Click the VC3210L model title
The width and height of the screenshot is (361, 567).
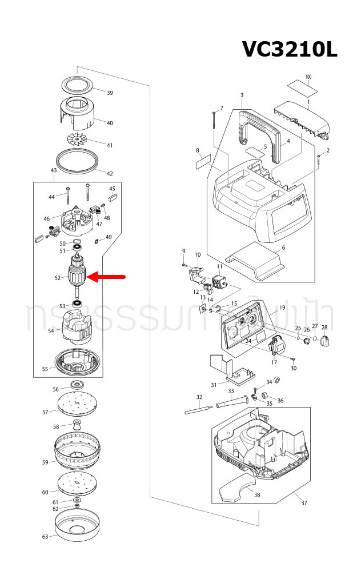tap(289, 49)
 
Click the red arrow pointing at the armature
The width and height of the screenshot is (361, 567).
tap(109, 277)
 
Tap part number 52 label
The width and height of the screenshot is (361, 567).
tap(58, 278)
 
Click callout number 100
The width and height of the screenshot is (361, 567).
tap(308, 77)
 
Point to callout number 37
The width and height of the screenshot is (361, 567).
tap(304, 503)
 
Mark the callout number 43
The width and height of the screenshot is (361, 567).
tap(54, 170)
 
